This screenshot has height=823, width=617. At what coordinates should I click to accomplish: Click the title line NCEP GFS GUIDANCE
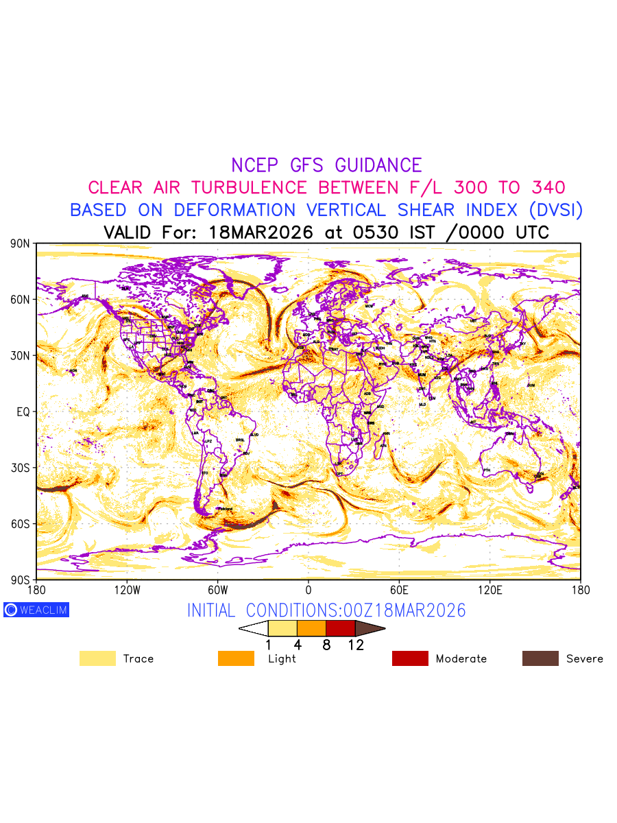point(326,165)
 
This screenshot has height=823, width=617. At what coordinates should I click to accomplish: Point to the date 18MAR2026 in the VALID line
point(261,232)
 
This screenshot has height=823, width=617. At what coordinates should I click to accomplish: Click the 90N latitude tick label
point(21,243)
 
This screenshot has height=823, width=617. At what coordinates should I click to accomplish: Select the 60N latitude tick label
point(21,300)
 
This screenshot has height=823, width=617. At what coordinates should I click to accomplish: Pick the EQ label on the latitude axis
point(23,411)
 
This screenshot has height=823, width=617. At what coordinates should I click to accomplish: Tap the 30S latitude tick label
point(21,468)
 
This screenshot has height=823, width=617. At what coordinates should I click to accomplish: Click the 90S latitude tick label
point(21,580)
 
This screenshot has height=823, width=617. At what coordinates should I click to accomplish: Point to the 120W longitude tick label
point(126,590)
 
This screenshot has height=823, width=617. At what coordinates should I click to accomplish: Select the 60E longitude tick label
point(399,590)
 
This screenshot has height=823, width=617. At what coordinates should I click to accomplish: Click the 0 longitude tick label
point(308,590)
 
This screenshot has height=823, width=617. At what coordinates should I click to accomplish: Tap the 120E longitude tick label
point(489,590)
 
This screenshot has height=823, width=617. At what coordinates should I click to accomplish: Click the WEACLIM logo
point(36,610)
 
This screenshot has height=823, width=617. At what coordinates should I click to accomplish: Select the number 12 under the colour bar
point(356,645)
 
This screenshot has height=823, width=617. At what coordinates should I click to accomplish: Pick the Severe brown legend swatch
point(540,658)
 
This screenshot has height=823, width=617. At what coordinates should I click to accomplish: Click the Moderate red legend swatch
point(410,658)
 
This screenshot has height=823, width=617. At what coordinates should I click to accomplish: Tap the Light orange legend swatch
point(236,658)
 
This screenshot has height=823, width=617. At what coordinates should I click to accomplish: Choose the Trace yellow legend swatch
point(97,658)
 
